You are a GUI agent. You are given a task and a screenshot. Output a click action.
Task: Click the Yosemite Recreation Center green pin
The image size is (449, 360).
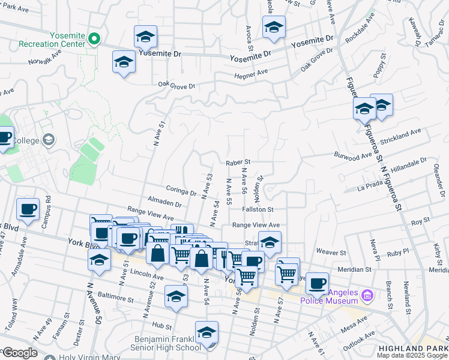[94, 39]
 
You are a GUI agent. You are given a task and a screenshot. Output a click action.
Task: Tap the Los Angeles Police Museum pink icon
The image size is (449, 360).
[369, 295]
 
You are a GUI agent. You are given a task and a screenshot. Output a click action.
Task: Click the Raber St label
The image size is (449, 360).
[238, 162]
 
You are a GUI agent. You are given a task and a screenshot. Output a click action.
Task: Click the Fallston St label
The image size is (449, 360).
[258, 209]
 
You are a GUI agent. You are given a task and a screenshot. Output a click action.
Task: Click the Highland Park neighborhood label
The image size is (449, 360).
[414, 348]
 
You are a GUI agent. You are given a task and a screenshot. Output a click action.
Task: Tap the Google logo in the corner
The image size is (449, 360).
[19, 353]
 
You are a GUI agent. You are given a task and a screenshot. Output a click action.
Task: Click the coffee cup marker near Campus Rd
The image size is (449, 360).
[28, 209]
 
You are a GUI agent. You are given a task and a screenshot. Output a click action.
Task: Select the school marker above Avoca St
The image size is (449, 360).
[274, 28]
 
